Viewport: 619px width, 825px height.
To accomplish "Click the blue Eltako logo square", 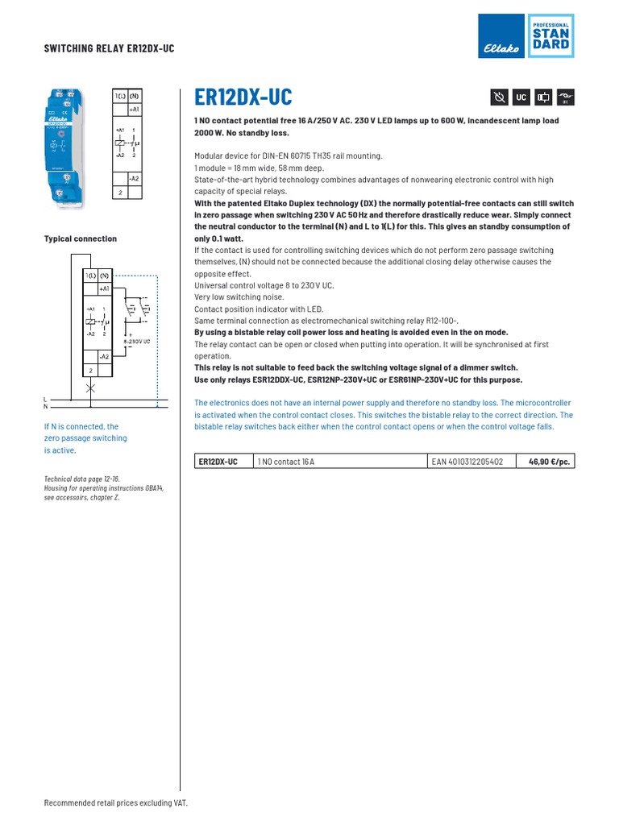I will [x=501, y=36].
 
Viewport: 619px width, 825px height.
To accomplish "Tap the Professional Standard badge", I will [x=550, y=36].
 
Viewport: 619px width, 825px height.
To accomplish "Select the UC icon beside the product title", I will [x=521, y=97].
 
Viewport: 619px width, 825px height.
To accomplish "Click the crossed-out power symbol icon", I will [x=499, y=97].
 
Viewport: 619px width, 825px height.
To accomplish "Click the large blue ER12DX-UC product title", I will [x=243, y=97].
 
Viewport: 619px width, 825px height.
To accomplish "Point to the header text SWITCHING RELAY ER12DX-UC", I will [x=109, y=48].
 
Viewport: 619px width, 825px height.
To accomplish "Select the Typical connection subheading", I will [x=80, y=238].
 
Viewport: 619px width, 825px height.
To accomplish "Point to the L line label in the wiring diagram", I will [x=45, y=399].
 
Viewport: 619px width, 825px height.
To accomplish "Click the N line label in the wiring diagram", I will [x=45, y=407].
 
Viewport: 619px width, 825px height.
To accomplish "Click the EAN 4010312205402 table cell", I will [x=467, y=462].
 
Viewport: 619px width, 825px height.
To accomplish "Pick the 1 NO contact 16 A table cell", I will [x=286, y=462].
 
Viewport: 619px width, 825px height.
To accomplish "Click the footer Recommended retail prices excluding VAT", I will [x=115, y=803].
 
